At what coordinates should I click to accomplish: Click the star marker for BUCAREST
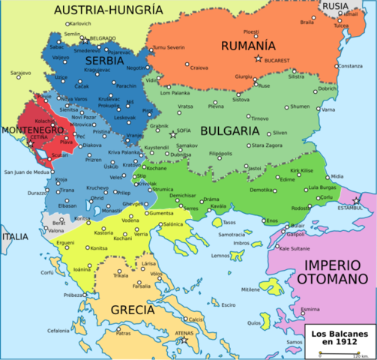(259, 58)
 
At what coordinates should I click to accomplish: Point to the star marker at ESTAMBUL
(356, 199)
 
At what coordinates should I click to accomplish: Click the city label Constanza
(350, 66)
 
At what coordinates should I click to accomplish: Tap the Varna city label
(327, 109)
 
